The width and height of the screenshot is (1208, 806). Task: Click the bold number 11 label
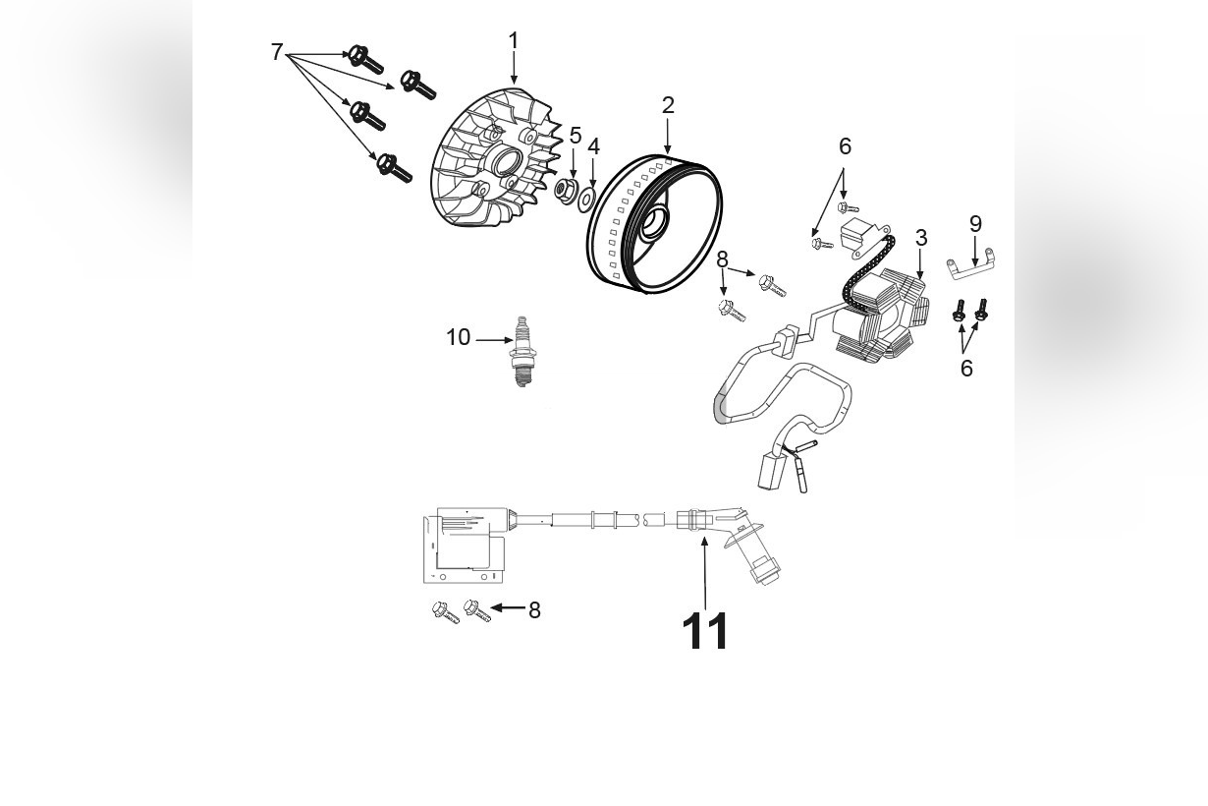tap(705, 631)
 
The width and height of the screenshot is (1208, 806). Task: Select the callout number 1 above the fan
tap(513, 41)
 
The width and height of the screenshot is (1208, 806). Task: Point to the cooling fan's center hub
tap(511, 162)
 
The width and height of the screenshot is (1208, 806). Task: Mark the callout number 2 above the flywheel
tap(668, 105)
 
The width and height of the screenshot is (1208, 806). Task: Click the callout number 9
tap(975, 223)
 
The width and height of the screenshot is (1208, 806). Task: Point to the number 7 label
tap(277, 52)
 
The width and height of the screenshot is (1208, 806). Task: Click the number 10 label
tap(459, 337)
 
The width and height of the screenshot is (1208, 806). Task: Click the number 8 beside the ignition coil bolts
tap(534, 609)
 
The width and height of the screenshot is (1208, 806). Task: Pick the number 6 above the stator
tap(845, 146)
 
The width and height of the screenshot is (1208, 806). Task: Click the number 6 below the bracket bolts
tap(966, 369)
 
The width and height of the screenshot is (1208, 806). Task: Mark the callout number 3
tap(921, 238)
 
